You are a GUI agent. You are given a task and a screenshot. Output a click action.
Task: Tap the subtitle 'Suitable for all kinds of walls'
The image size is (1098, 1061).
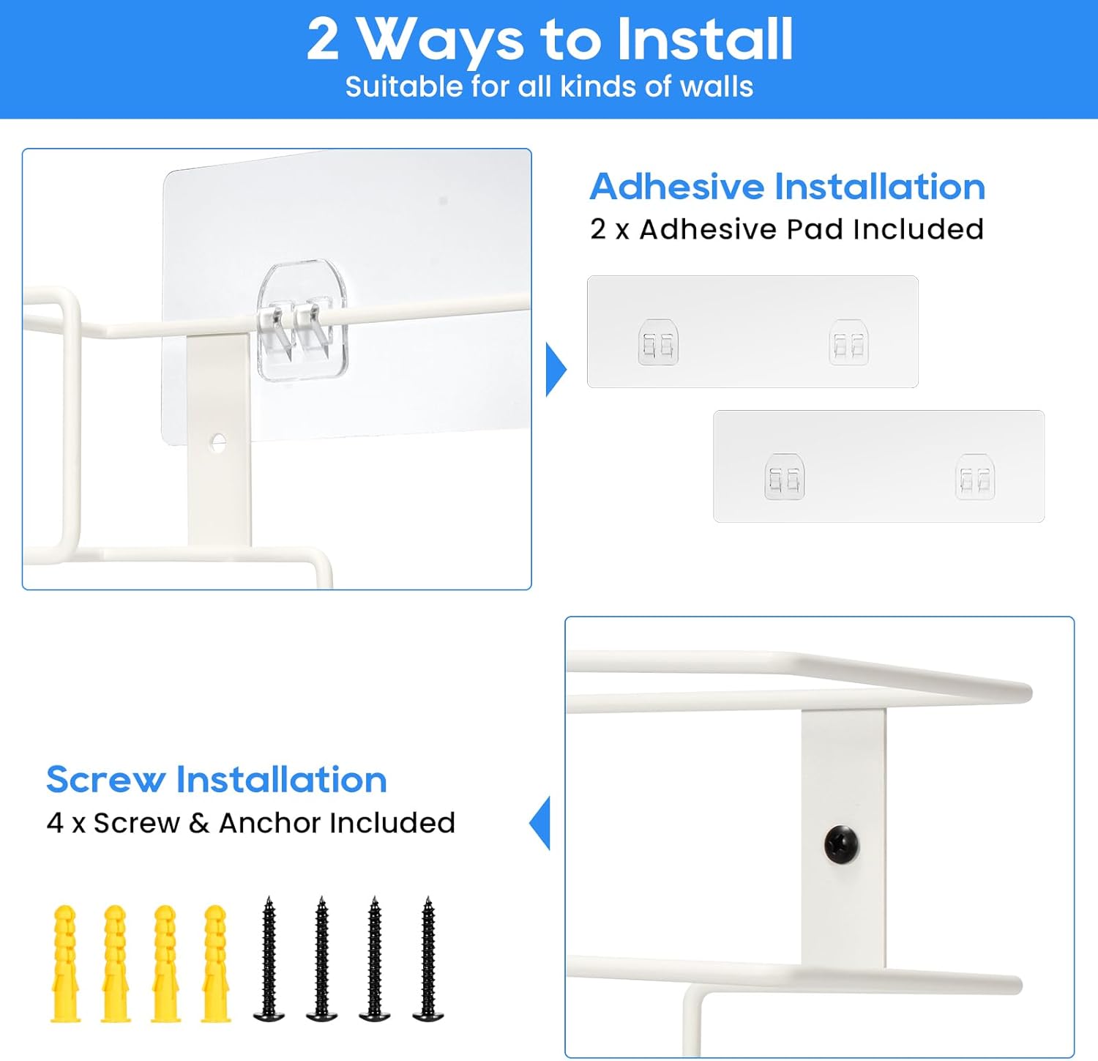pos(549,87)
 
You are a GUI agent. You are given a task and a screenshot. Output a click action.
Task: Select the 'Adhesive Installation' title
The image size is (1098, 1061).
pos(788,186)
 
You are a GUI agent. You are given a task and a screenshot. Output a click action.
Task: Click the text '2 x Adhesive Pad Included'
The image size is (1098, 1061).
pos(787,229)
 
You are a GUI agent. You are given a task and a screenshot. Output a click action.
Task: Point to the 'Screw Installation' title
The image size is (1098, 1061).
pos(217,779)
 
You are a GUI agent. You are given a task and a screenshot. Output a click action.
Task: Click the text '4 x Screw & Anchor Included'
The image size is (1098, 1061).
pos(250,823)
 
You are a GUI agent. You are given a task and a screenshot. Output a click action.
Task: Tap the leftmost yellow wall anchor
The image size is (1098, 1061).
pos(65,964)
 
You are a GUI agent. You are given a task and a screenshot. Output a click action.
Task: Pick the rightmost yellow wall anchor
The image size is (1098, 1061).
pos(216,964)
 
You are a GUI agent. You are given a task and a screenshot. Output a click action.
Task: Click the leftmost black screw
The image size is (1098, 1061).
pos(269,959)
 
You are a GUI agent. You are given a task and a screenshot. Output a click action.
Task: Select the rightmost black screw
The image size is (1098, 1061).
pos(428,959)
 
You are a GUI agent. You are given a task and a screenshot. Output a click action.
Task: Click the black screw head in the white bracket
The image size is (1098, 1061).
pos(842,846)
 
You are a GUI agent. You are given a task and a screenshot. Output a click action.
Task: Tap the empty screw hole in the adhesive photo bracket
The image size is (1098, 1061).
pos(217,442)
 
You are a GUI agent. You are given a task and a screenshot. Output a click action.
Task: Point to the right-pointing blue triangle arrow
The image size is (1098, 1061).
pos(556,370)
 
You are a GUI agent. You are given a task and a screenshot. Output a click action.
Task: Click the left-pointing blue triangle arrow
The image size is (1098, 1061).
pos(540,823)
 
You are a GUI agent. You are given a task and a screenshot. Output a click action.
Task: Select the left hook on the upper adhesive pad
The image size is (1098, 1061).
pos(658,342)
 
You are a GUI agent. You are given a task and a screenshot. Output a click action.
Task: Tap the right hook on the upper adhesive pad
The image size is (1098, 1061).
pos(848,342)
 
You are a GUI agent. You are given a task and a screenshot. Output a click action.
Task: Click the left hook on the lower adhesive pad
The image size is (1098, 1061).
pos(785,477)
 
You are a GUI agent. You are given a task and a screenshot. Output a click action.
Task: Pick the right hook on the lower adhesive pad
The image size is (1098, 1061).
pos(975,477)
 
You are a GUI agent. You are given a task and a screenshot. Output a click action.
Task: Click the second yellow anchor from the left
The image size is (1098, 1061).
pos(116,964)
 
